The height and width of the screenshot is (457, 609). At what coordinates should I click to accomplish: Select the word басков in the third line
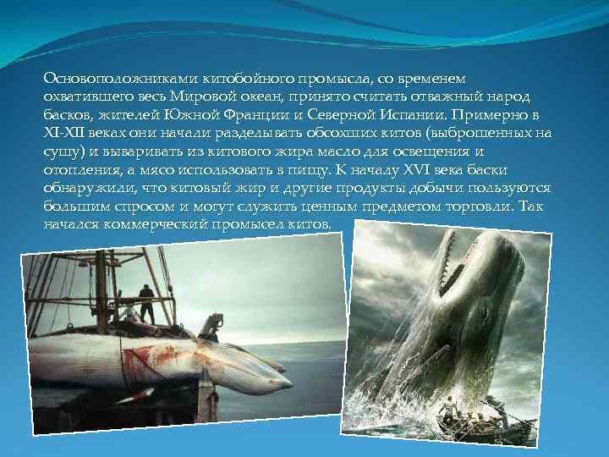pyautogui.click(x=65, y=114)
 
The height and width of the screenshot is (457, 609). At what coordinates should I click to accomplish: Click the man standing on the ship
pyautogui.click(x=147, y=303)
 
